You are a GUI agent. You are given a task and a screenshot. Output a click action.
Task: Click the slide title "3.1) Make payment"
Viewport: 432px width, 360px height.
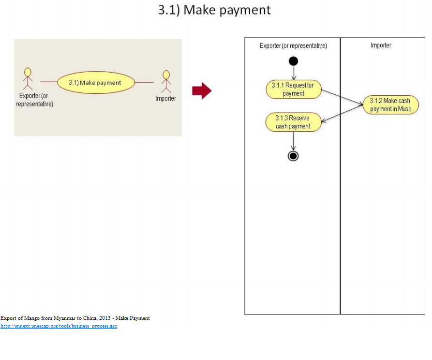[214, 10]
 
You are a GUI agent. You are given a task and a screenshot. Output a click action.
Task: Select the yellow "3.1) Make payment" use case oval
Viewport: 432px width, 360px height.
[95, 83]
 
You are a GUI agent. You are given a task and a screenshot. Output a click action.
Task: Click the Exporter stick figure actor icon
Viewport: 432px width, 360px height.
[28, 78]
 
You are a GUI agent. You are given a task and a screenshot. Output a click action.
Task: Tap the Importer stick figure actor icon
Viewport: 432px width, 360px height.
[166, 81]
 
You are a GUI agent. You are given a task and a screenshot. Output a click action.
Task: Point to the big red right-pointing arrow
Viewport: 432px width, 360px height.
[202, 90]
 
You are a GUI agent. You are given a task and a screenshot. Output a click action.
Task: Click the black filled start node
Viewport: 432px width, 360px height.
[293, 61]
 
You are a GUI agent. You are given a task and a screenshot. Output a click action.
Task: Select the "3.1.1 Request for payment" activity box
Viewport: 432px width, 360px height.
[293, 90]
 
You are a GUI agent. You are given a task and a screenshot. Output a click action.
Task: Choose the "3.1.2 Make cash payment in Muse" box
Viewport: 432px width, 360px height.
[390, 105]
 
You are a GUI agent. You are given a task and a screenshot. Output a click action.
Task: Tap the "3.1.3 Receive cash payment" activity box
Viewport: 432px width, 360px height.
[293, 122]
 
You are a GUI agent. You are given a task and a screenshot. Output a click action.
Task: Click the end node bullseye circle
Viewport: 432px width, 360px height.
[293, 155]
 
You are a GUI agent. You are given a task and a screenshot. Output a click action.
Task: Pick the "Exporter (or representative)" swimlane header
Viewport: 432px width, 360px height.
[293, 45]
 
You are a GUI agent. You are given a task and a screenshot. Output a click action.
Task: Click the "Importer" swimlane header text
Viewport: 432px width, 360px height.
[381, 45]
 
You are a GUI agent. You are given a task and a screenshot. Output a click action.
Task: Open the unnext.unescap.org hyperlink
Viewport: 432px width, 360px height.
[59, 326]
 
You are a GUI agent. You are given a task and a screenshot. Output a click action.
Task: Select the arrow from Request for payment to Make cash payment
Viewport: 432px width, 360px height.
[343, 97]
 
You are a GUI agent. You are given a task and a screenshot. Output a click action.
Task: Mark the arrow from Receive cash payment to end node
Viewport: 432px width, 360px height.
[293, 141]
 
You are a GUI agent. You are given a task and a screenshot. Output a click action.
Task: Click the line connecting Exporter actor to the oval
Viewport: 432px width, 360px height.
[48, 82]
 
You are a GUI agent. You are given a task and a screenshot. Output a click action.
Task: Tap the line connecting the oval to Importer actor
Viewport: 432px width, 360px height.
[144, 82]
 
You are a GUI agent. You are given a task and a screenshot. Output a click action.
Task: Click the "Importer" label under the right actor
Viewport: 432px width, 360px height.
[166, 98]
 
